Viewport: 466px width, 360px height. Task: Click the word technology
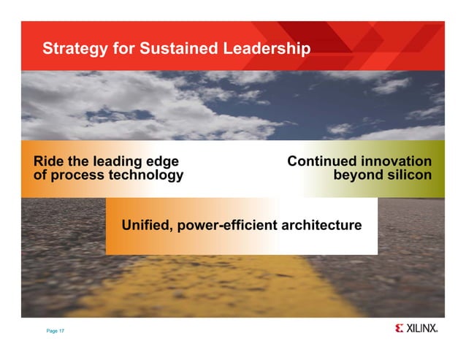(145, 176)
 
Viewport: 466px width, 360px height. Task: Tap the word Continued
(322, 161)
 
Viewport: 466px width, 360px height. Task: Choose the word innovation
(397, 161)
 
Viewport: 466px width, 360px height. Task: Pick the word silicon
(408, 175)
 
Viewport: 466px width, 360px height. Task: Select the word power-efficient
(227, 225)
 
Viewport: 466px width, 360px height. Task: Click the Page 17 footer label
(56, 332)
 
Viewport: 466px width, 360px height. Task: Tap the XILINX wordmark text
(422, 329)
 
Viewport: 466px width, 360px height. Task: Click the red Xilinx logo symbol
(399, 329)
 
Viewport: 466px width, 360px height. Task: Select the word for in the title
(124, 49)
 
